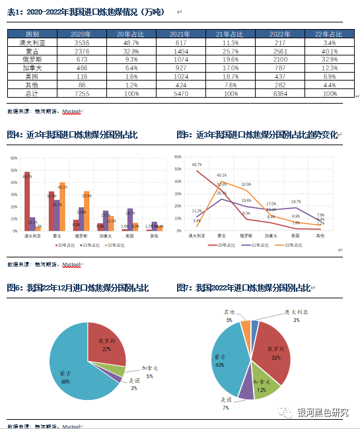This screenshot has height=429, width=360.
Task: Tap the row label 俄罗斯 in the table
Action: click(x=32, y=59)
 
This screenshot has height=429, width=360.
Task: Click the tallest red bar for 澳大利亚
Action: click(x=27, y=201)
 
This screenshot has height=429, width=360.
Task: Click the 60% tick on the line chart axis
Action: click(x=177, y=157)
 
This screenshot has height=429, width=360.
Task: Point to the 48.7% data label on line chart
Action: click(x=197, y=164)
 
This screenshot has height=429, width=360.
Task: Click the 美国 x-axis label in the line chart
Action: click(x=295, y=235)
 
